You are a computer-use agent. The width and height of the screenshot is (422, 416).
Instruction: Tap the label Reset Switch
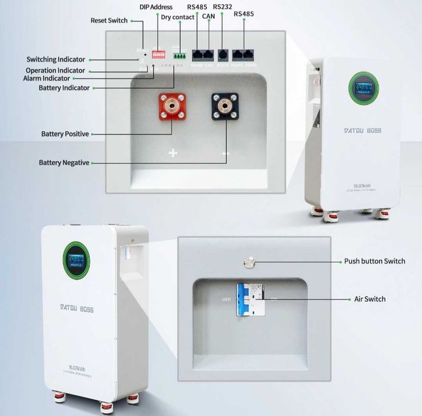[x=109, y=20]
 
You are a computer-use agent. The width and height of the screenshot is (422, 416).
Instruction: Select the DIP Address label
[x=156, y=7]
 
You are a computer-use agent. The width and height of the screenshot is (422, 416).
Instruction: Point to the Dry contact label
[x=177, y=17]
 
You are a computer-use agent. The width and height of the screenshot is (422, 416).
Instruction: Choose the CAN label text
[x=210, y=17]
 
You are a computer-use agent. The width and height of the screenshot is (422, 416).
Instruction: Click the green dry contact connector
[x=179, y=55]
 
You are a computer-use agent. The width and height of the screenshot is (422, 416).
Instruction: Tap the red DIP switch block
[x=158, y=54]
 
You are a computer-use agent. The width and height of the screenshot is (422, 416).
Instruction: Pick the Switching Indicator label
[x=56, y=59]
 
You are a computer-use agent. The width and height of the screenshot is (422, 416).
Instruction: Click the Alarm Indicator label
[x=55, y=78]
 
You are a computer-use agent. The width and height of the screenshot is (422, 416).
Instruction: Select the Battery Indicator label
[x=64, y=88]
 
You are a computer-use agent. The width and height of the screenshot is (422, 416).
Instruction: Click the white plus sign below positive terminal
[x=173, y=153]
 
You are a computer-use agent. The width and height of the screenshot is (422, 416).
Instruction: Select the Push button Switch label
[x=374, y=261]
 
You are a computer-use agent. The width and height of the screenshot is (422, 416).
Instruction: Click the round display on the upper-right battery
[x=361, y=89]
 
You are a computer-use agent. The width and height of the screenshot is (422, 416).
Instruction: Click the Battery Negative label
[x=64, y=162]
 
